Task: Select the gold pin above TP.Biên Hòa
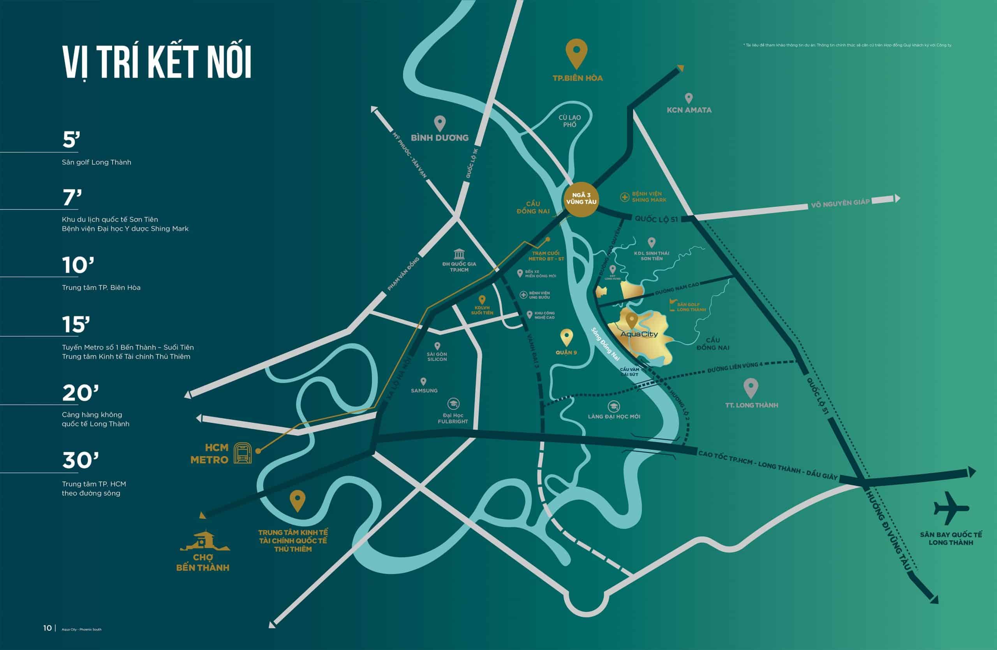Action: (x=576, y=53)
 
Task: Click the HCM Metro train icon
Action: (x=243, y=453)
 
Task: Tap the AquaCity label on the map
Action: (x=639, y=334)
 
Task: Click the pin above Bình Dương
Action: (x=439, y=123)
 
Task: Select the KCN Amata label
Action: (x=689, y=110)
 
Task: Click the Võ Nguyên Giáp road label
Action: (x=840, y=204)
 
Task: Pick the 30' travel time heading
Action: (x=80, y=460)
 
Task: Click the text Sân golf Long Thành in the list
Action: (x=96, y=162)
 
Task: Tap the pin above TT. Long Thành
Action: (x=751, y=388)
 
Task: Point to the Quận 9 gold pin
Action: (x=566, y=337)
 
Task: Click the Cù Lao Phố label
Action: (x=570, y=121)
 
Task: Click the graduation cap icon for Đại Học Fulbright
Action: (x=453, y=404)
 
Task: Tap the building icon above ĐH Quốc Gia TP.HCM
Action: (x=459, y=254)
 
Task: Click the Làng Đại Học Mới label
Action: (x=614, y=416)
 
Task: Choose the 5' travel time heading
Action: (x=71, y=140)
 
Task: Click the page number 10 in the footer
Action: (x=48, y=628)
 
